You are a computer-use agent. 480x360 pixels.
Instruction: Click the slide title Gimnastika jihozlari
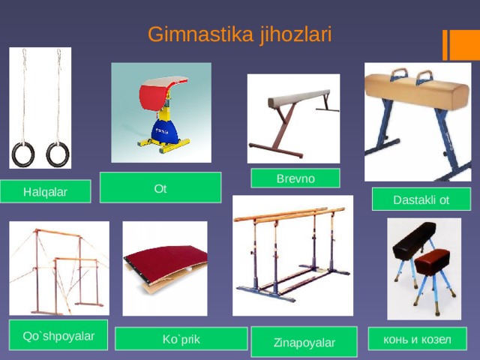(239, 34)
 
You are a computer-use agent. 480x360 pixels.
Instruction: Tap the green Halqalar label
(45, 193)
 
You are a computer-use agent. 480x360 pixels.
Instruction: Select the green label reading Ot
(160, 188)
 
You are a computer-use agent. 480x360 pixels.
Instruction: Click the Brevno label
(295, 178)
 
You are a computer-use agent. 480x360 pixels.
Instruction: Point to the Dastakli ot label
(421, 199)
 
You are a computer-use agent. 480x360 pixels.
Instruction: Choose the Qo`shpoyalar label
(58, 335)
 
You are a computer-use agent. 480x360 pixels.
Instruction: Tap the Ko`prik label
(181, 340)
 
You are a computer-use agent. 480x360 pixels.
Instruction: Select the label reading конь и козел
(417, 339)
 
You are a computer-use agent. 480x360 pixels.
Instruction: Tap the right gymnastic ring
(57, 154)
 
